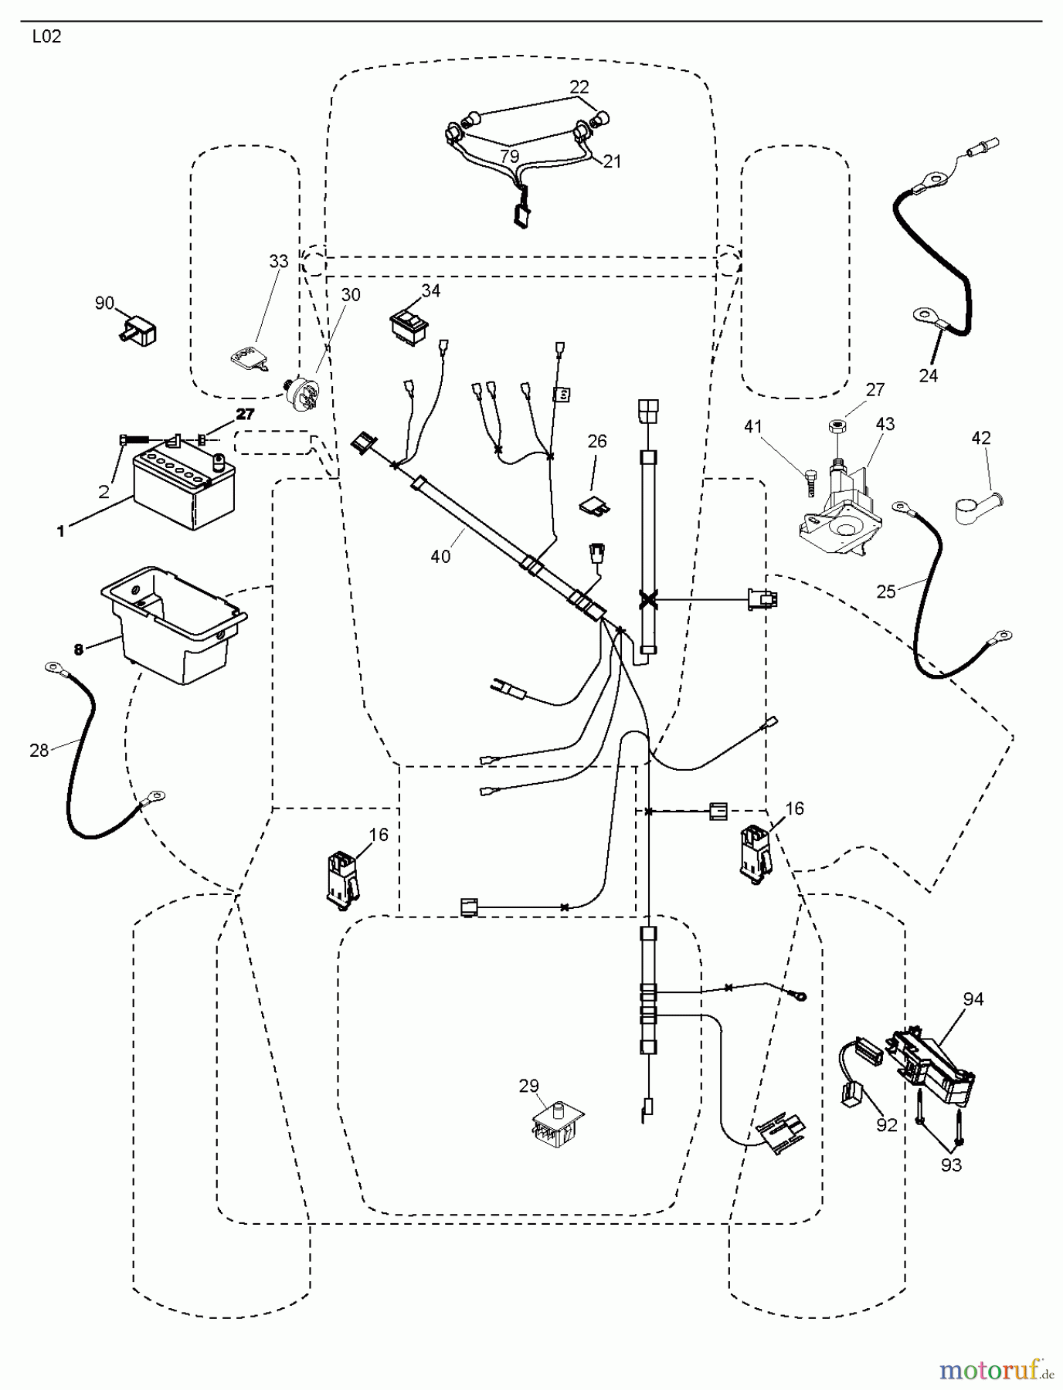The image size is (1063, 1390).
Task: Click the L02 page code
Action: [46, 37]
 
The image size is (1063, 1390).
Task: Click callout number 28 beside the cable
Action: [39, 750]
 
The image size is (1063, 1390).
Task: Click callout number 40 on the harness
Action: [440, 556]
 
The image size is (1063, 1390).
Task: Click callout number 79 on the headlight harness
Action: [509, 156]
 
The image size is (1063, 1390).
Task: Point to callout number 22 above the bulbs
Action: [579, 87]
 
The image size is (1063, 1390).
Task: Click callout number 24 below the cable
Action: [928, 375]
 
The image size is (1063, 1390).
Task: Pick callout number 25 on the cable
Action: [886, 591]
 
